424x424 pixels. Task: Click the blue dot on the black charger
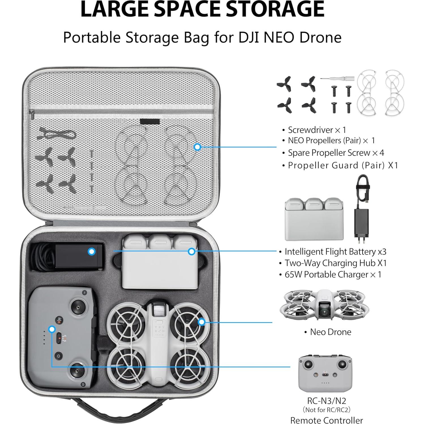[x=91, y=251]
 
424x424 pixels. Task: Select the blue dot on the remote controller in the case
[x=52, y=329]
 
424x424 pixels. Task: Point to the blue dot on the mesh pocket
[x=197, y=147]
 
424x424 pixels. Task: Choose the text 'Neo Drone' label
[x=330, y=332]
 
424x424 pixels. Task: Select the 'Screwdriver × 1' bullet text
[x=317, y=130]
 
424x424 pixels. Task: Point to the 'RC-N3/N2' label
[x=326, y=401]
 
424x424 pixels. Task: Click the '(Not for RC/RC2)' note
[x=326, y=410]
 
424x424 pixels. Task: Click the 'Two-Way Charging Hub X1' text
[x=335, y=263]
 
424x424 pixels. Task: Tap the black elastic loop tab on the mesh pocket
[x=150, y=122]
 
